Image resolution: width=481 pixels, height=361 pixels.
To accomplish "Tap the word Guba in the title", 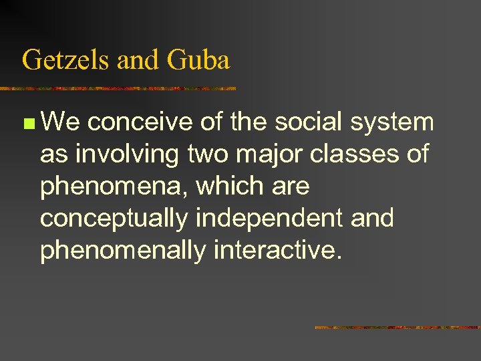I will click(199, 60).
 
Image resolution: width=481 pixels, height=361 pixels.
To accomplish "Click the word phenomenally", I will click(123, 251).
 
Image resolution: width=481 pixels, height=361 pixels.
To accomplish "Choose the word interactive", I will click(278, 250).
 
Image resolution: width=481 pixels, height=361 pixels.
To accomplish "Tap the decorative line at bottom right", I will click(397, 327).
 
